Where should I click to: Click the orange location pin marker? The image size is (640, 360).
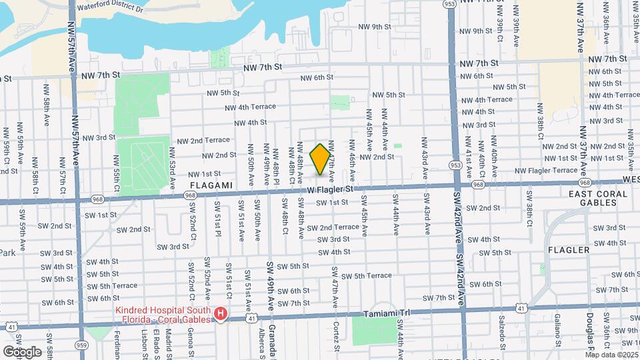point(321,159)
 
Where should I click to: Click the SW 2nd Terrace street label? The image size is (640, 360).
point(333,227)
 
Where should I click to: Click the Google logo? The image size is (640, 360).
point(22,351)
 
